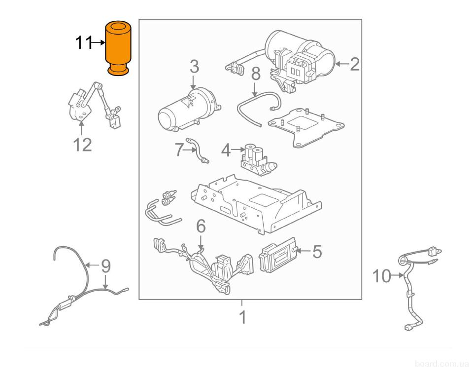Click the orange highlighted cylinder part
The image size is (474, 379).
pos(118,48)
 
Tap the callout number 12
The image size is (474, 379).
pos(82,145)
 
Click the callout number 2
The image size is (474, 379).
pos(355,65)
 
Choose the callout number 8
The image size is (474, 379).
pos(256,74)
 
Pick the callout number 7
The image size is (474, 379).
pos(179,150)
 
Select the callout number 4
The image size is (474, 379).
pos(226,151)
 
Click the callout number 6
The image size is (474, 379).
pos(201,227)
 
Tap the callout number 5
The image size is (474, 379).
pos(317,251)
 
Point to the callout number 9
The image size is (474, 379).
pos(105,266)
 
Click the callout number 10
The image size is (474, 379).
pos(382,276)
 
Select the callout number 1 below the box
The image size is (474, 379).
pos(242,317)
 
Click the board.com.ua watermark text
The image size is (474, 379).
pos(441,364)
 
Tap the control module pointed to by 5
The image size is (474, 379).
pos(276,255)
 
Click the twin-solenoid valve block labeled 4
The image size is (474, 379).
pos(257,158)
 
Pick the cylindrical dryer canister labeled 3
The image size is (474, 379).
pos(187,110)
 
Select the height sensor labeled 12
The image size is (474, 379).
pos(94,105)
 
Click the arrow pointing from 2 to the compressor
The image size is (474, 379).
pos(342,64)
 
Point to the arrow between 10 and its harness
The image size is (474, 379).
pos(397,275)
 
